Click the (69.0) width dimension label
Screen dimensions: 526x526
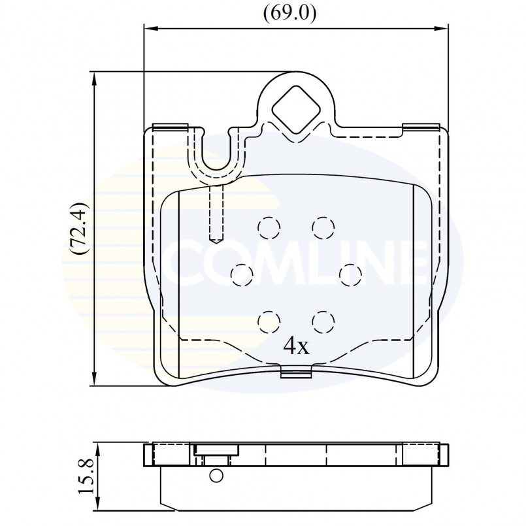[289, 14]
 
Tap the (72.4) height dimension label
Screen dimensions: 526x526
[78, 228]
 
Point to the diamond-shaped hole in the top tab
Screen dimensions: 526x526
[296, 109]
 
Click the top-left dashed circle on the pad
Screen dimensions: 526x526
[269, 228]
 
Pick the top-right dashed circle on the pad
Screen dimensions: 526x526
[323, 228]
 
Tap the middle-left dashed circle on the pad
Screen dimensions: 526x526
[242, 275]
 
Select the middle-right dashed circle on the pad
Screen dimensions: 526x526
[350, 275]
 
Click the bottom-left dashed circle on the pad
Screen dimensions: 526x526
[269, 322]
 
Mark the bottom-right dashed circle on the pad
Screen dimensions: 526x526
[323, 322]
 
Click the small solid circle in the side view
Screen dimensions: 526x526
[216, 475]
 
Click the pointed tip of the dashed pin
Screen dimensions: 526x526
[216, 243]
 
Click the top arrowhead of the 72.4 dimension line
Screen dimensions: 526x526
[95, 79]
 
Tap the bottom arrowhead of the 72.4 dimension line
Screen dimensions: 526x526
[95, 378]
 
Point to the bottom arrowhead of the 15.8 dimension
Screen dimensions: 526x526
[98, 504]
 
